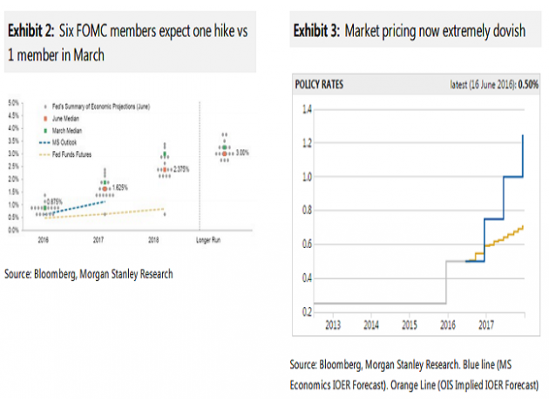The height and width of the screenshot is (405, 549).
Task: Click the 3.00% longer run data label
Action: (243, 153)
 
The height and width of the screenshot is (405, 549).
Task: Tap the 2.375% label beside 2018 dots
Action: (180, 168)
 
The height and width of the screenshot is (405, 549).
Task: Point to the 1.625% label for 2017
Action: (121, 187)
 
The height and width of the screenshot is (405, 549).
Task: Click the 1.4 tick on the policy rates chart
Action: (306, 110)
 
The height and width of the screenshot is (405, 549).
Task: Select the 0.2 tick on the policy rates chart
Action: (306, 312)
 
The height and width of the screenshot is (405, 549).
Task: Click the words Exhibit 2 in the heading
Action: (31, 30)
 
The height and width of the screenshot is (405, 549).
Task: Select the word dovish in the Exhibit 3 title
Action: (507, 31)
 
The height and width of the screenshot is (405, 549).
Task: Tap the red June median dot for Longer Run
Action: (225, 154)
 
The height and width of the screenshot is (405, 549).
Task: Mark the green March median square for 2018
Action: (163, 156)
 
